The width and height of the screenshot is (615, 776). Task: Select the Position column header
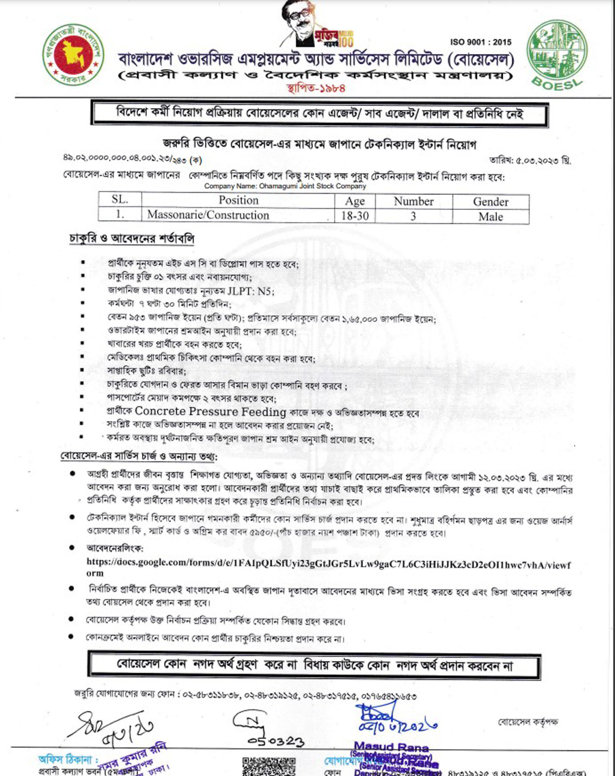click(238, 200)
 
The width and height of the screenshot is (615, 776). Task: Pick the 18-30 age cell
click(355, 216)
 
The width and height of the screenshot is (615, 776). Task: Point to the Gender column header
click(491, 201)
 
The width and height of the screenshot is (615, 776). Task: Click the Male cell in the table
click(491, 216)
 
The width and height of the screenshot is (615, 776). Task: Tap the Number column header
click(413, 201)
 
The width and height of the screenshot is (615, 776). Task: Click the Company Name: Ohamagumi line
click(285, 186)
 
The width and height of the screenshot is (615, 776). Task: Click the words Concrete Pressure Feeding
click(210, 412)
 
